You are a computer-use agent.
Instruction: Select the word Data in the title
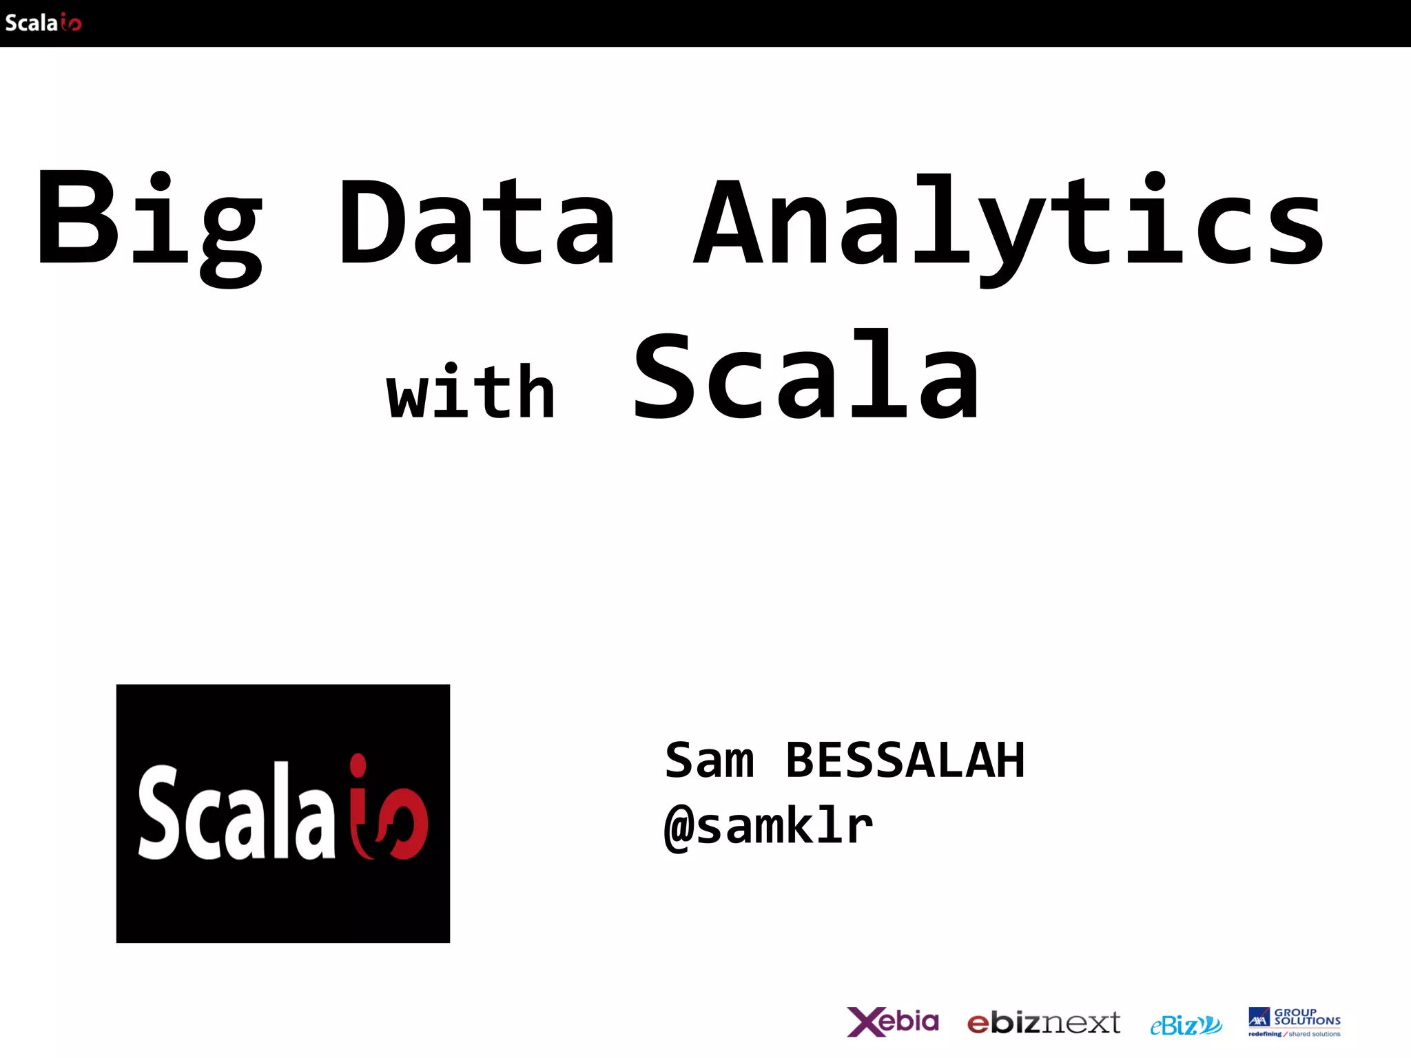[477, 220]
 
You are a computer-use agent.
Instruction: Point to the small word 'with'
[471, 391]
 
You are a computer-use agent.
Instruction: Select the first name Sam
[709, 760]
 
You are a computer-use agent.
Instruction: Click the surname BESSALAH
[905, 760]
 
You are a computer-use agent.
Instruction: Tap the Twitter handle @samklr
[769, 826]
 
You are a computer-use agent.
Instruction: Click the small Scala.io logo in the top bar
[43, 23]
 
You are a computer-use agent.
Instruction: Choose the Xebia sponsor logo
[893, 1021]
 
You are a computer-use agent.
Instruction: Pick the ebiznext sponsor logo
[1043, 1023]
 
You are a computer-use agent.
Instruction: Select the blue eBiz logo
[1186, 1025]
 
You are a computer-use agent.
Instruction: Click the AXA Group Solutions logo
[1295, 1021]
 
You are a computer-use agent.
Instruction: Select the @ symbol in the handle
[679, 827]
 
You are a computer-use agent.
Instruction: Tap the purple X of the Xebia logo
[864, 1022]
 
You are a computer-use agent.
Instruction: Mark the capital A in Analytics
[728, 222]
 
